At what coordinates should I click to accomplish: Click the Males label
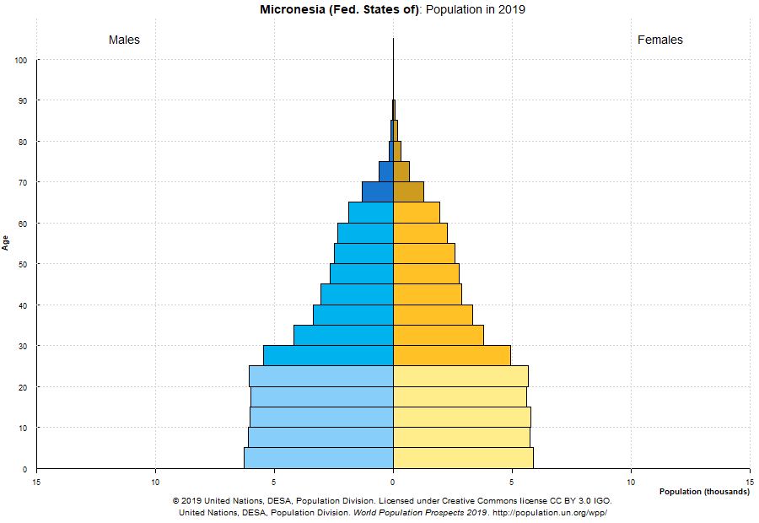coord(124,40)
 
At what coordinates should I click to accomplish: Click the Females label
coord(660,40)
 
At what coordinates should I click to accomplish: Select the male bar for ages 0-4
coord(319,458)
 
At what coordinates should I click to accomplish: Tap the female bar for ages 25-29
coord(451,355)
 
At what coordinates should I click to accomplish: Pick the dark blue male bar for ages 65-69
coord(378,191)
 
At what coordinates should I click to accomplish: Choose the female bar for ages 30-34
coord(438,335)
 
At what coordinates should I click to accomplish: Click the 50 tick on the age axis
coord(22,265)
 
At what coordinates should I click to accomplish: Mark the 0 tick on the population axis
coord(393,482)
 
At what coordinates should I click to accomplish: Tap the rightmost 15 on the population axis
coord(749,482)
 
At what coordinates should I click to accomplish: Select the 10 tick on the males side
coord(155,482)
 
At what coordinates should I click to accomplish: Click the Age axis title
coord(6,243)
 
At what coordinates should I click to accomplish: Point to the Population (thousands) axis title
coord(704,492)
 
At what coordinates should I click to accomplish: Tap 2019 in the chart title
coord(512,9)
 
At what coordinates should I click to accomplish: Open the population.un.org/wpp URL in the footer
coord(549,512)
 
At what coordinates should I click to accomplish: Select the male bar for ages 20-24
coord(321,376)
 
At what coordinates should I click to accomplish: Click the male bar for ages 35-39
coord(353,315)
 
